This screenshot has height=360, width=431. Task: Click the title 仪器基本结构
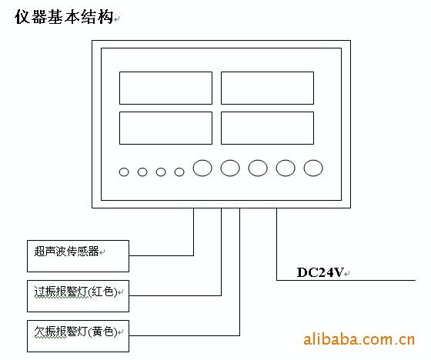point(64,17)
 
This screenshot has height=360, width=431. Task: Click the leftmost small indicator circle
point(119,172)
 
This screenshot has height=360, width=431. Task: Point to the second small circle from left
point(138,172)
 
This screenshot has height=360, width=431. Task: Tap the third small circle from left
point(156,172)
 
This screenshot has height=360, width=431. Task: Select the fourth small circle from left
point(175,172)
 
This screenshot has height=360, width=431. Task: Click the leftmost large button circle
point(193,168)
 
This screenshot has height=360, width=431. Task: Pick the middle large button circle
point(249,168)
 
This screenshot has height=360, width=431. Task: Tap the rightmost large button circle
point(304,168)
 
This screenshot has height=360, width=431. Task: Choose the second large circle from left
point(221,168)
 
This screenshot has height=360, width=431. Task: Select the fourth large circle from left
point(276,168)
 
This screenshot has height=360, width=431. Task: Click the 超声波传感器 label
point(66,252)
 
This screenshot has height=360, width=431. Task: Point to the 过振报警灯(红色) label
point(75,292)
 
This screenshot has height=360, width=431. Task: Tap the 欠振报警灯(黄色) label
point(75,332)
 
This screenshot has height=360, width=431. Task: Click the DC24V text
point(320,272)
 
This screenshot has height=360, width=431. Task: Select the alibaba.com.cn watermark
point(359,339)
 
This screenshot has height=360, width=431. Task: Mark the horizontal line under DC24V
point(346,280)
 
